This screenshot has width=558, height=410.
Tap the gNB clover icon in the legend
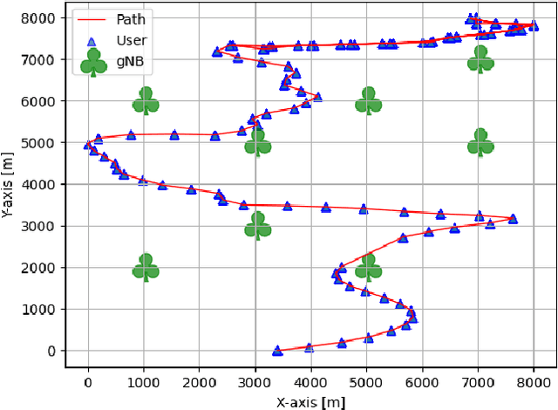[x=93, y=63]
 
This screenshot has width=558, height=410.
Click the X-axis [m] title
[x=310, y=402]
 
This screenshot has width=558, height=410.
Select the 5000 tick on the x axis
[x=367, y=381]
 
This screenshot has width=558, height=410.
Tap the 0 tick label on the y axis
[x=52, y=352]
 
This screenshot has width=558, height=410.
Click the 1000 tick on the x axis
[x=144, y=381]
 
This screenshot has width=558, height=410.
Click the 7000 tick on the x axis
[x=479, y=381]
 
